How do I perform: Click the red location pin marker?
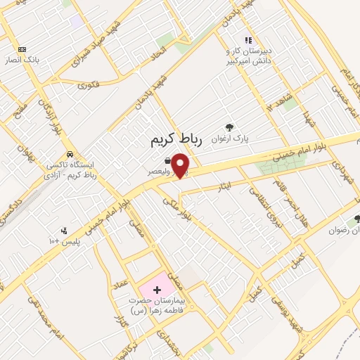coord(181,165)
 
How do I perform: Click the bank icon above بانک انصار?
coord(22,49)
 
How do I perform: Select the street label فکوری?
coord(89,86)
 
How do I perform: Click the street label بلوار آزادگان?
coord(46,112)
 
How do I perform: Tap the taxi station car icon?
coord(69,154)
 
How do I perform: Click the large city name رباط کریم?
coord(176,140)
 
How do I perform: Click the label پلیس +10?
coord(64,241)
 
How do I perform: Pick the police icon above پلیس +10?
coord(64,230)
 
